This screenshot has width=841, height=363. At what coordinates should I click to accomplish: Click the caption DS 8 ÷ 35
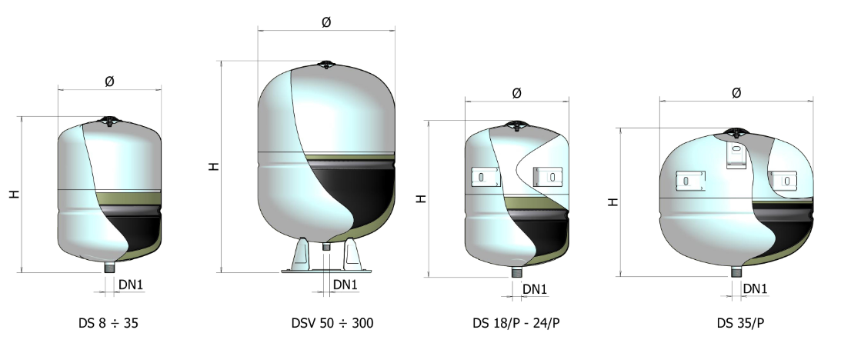pos(108,323)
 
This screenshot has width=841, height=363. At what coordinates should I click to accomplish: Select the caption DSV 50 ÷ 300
pos(332,323)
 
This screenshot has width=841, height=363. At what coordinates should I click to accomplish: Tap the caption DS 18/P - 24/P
pos(516,323)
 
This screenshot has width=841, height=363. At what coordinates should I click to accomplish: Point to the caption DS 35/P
pos(740,323)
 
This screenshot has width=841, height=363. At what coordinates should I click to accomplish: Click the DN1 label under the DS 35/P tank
pos(755,288)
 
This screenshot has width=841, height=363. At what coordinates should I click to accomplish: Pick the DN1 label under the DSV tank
pos(345,285)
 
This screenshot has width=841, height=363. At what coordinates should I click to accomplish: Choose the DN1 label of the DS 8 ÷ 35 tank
pos(131,285)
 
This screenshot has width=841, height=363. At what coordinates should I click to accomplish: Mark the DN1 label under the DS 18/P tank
pos(535,289)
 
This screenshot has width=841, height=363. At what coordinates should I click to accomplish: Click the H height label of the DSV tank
pos(214,166)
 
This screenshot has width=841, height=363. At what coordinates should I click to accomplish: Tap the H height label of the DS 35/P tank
pos(613,202)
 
